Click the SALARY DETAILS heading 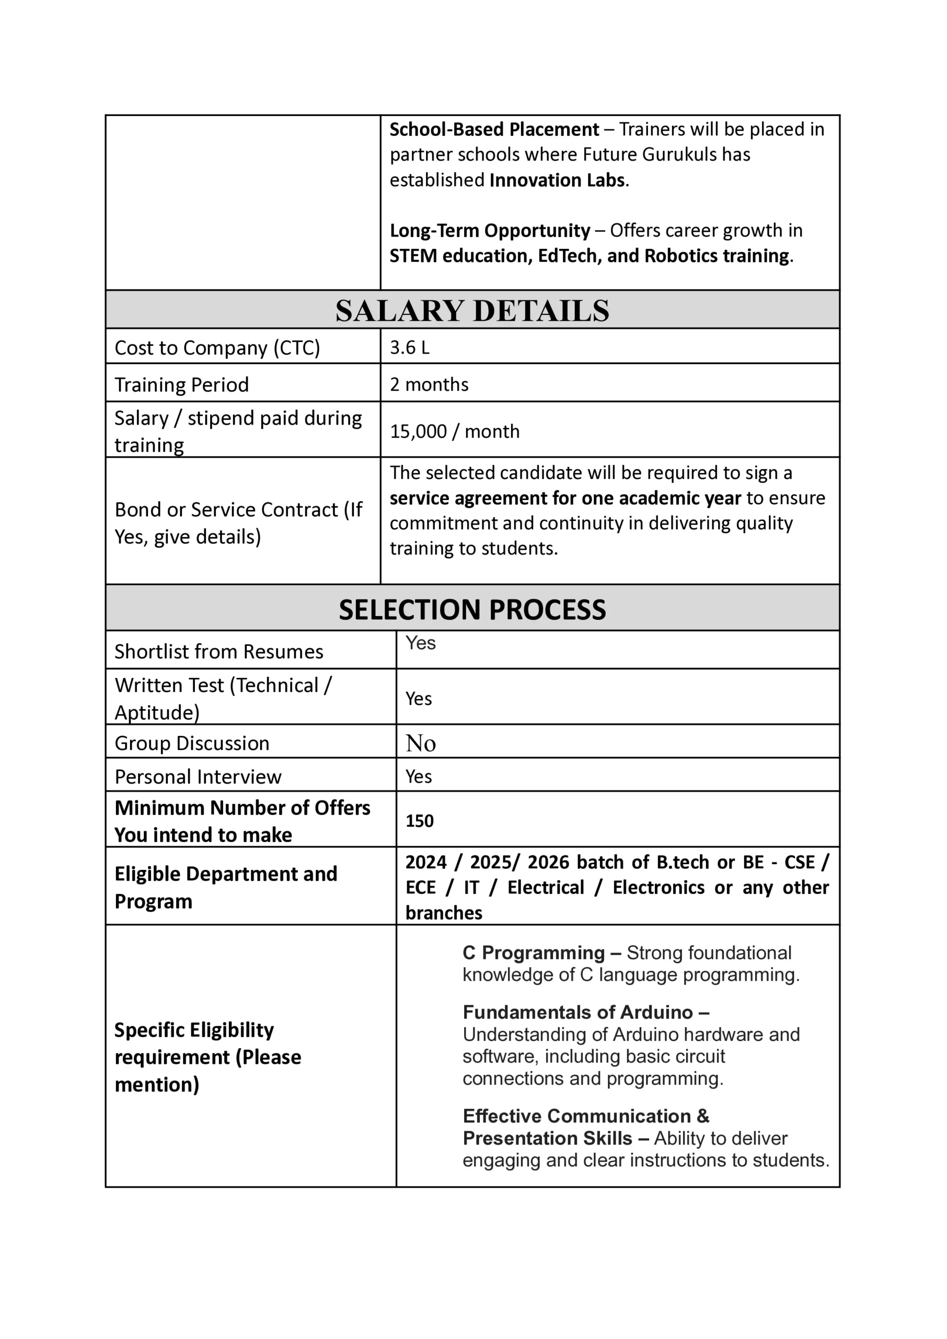472,310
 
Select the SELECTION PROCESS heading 472,610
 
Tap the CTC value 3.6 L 409,348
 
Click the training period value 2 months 429,384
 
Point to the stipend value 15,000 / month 454,431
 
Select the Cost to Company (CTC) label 217,348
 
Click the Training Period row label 181,384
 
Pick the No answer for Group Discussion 420,743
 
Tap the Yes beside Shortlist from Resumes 420,643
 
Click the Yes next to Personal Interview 419,777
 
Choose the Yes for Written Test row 419,698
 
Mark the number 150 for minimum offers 419,821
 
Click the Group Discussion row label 192,743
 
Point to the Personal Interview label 198,777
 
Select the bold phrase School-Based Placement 494,129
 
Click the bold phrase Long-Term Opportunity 490,231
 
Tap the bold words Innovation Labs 557,180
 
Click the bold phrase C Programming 533,953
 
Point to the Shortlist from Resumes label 218,651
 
